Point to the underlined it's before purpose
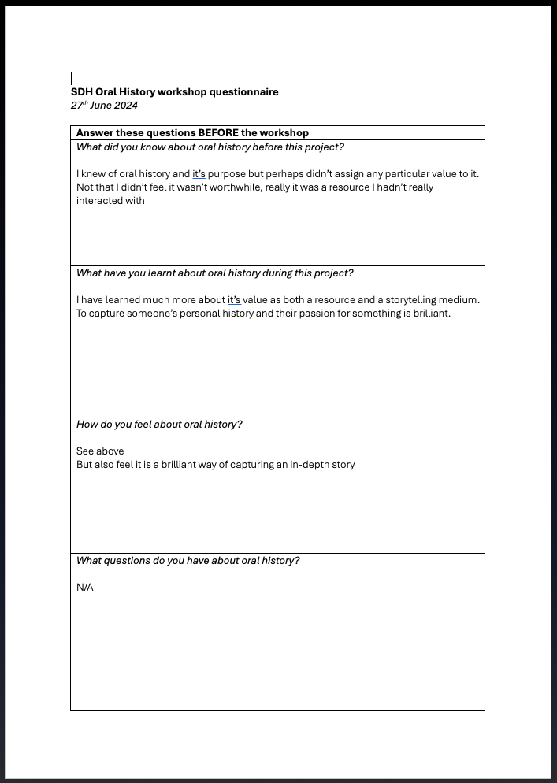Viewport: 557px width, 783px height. point(199,174)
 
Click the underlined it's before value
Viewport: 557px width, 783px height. point(234,300)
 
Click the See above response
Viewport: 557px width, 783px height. point(100,451)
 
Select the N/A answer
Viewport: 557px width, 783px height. point(85,588)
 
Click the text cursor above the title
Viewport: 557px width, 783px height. point(72,78)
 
